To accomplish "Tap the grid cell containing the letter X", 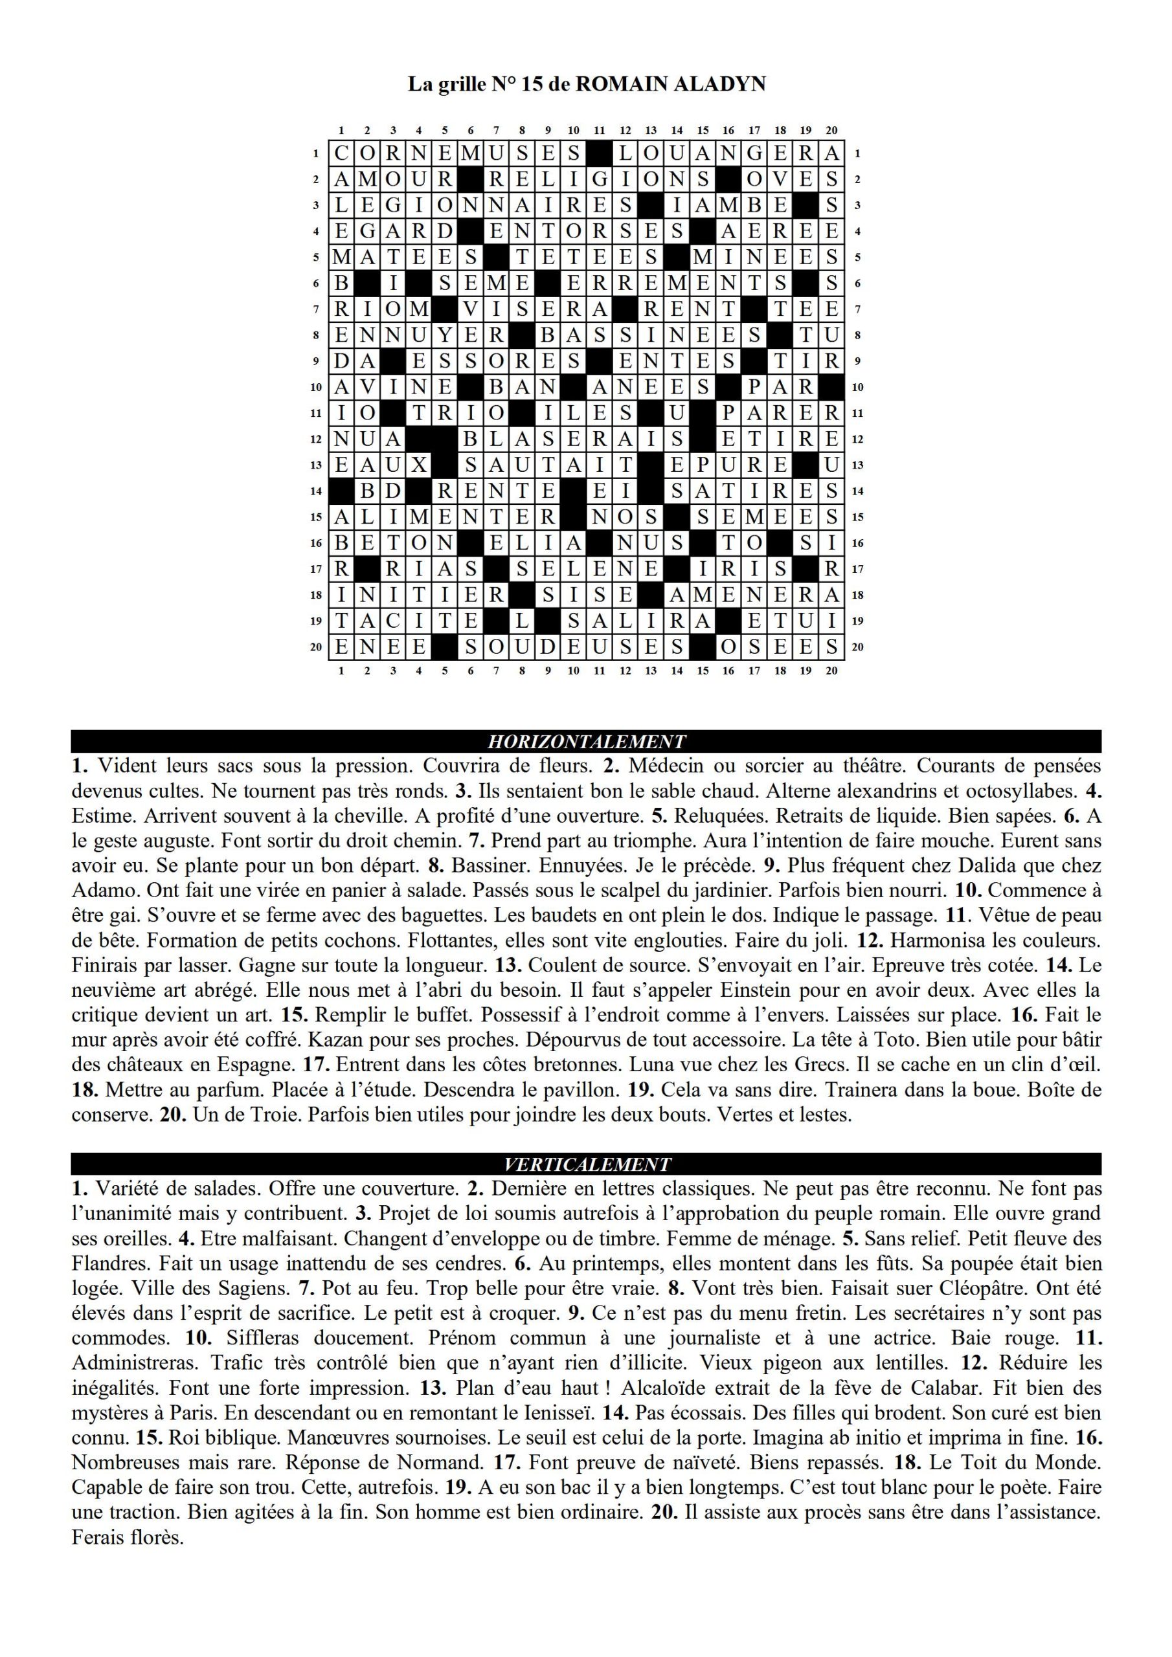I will pos(419,465).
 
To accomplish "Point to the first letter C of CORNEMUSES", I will pos(341,153).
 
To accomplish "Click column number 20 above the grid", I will pos(831,131).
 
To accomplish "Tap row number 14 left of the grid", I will pos(315,491).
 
